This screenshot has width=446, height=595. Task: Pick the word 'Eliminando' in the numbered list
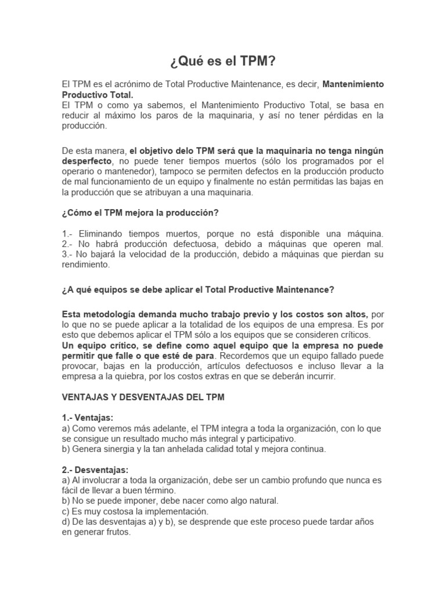pyautogui.click(x=102, y=233)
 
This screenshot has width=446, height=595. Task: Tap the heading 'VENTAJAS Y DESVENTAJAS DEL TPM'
pyautogui.click(x=143, y=398)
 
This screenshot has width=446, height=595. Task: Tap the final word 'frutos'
pyautogui.click(x=116, y=532)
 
